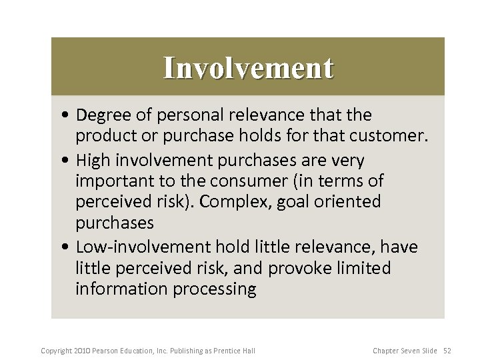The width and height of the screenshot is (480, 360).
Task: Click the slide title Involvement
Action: click(x=248, y=67)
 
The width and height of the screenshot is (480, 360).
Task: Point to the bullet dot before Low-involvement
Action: click(x=70, y=248)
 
